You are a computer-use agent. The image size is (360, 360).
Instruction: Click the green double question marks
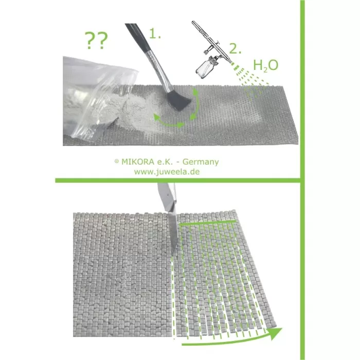96,41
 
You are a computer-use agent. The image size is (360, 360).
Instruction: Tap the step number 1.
155,33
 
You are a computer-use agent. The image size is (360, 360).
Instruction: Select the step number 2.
236,49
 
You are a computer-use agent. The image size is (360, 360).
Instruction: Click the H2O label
266,65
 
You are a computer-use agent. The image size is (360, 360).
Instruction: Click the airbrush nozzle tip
232,63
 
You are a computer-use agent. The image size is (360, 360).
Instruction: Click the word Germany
201,162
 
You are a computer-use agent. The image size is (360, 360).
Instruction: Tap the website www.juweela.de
167,172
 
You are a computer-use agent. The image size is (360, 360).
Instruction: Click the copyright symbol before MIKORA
117,161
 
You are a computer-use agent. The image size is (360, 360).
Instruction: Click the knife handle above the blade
167,195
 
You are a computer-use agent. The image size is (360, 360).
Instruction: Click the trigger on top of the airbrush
218,42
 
